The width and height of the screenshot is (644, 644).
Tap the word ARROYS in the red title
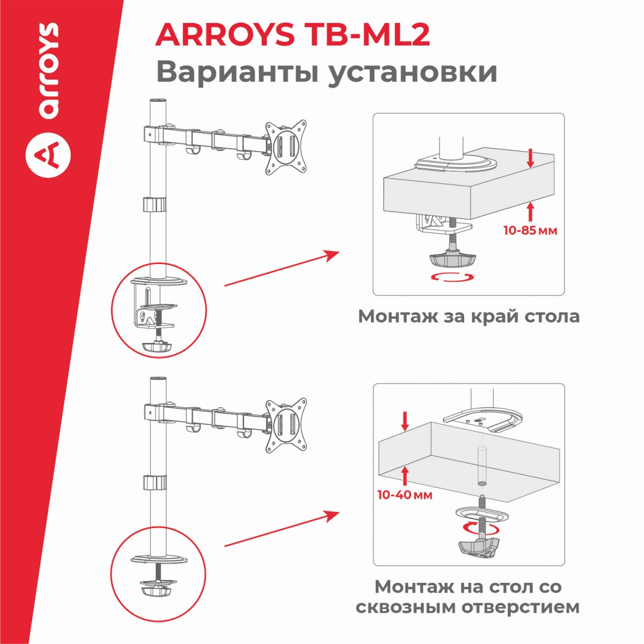point(224,35)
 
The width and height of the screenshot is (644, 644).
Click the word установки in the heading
point(412,72)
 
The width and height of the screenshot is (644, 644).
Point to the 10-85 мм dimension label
point(530,230)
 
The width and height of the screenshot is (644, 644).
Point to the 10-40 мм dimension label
point(405,495)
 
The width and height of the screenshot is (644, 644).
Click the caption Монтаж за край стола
point(469,316)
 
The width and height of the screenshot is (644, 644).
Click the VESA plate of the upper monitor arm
point(286,147)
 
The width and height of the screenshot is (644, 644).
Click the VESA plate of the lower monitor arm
point(286,426)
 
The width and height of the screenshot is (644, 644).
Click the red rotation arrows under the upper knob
point(452,277)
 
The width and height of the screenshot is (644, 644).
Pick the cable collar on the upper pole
point(155,204)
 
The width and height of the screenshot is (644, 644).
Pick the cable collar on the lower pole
point(155,482)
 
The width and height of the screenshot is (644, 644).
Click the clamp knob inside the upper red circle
point(156,347)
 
